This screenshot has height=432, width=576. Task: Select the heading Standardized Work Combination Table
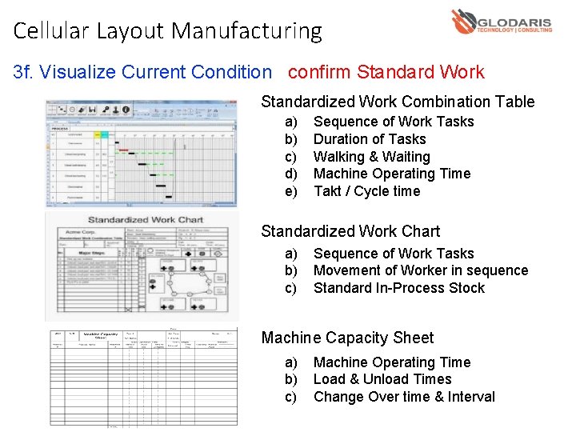[398, 102]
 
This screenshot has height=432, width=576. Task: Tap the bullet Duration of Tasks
[370, 139]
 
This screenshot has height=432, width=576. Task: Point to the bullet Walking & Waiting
[371, 157]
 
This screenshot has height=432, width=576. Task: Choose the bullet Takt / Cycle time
[366, 191]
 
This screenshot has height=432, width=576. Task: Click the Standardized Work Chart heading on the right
[350, 231]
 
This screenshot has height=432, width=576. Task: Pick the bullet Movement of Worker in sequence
[421, 270]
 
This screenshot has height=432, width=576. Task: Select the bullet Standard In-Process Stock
[398, 288]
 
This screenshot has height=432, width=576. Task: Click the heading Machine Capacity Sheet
[347, 338]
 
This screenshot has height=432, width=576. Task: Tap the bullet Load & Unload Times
[382, 379]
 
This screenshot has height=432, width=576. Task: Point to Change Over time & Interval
[404, 397]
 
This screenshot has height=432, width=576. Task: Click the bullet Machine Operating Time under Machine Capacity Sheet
[392, 362]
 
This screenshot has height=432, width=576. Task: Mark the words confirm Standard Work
[386, 72]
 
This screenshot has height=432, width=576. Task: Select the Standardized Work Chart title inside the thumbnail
[146, 219]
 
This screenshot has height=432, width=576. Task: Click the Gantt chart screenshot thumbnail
[141, 154]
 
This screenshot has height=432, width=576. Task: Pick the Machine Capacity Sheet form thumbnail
[141, 377]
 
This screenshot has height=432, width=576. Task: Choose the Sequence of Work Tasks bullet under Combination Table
[394, 122]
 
